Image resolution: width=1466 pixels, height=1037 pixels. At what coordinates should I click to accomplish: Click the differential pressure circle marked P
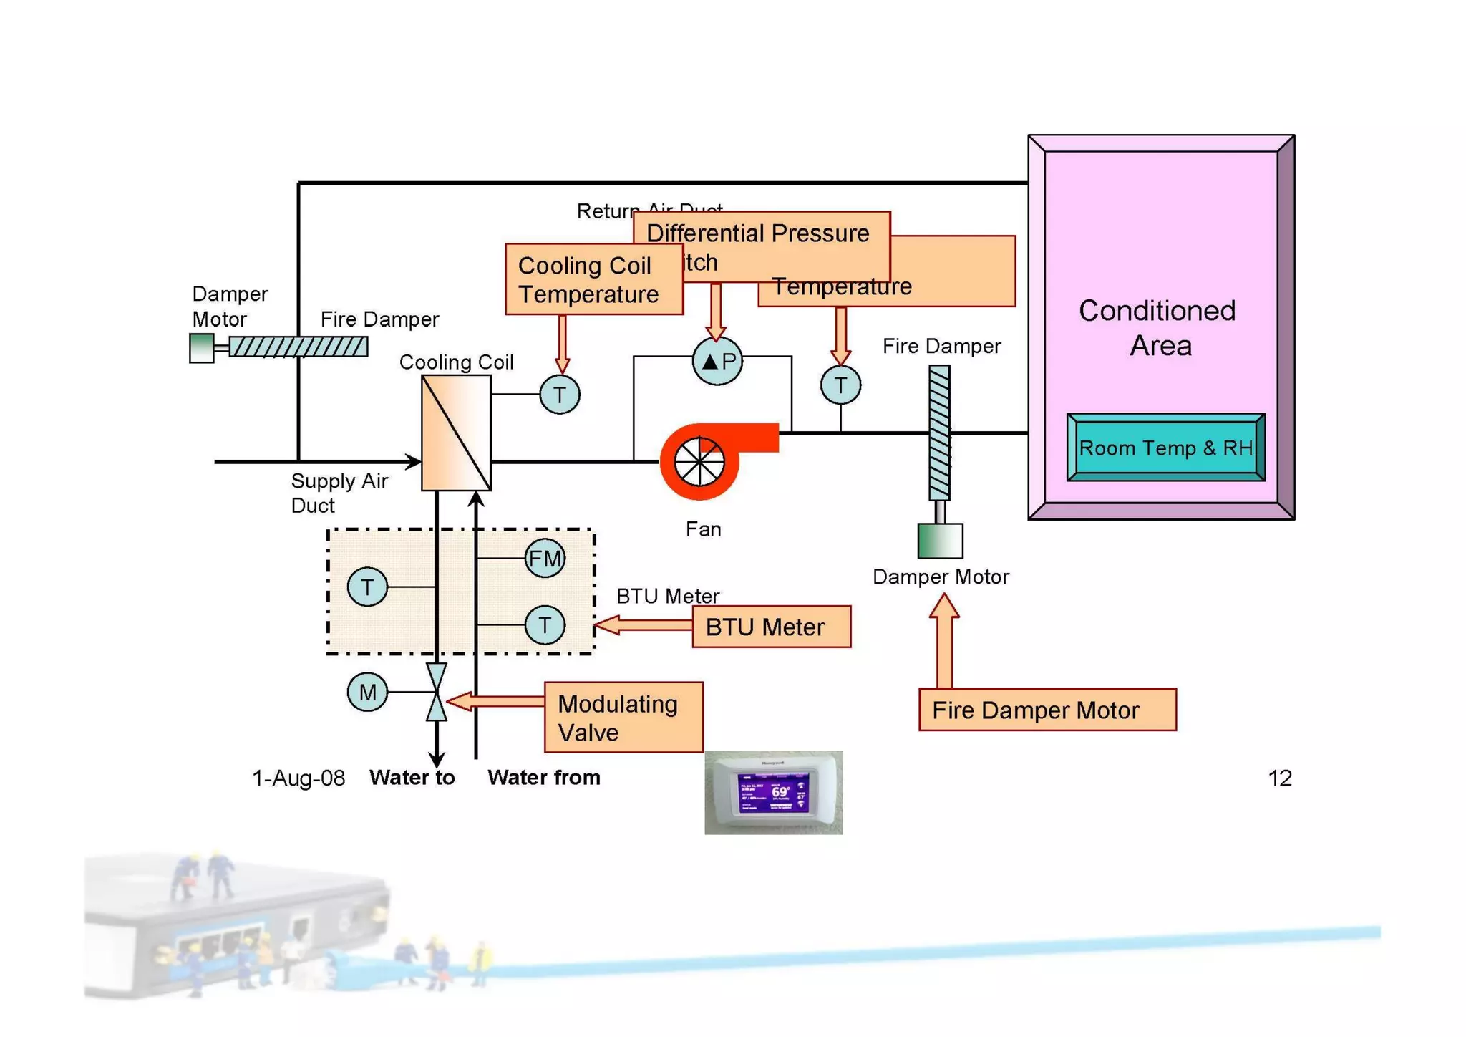coord(717,361)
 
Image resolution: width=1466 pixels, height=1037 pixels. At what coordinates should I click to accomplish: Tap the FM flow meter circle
coord(545,559)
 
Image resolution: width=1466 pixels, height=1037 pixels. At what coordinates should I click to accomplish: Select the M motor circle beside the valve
coord(367,692)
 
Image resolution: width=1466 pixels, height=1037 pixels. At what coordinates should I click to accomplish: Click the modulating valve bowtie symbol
coord(436,692)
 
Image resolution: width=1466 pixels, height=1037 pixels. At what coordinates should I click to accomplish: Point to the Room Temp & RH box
coord(1165,448)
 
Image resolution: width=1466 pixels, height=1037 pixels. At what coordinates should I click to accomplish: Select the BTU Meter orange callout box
coord(771,627)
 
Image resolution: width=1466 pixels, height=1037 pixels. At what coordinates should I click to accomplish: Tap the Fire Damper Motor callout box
coord(1047,710)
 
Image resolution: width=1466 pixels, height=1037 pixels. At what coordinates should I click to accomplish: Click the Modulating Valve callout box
coord(623,718)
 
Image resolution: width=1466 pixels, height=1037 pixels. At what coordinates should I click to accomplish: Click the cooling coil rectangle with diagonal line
coord(456,433)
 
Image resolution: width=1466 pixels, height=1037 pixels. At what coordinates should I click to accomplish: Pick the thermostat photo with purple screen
coord(773,792)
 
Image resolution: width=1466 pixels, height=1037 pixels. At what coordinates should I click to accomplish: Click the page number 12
coord(1279,778)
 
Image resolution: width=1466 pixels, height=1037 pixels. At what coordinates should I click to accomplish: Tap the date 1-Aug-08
coord(298,778)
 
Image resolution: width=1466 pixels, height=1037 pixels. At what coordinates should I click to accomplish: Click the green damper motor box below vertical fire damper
coord(940,541)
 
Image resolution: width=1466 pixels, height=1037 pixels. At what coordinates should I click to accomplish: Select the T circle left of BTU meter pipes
coord(367,587)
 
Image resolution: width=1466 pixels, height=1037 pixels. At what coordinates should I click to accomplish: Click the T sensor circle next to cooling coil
coord(559,395)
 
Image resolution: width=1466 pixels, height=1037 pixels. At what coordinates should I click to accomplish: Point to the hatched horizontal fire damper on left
coord(298,347)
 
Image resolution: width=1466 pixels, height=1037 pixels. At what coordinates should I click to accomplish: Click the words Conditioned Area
coord(1157,328)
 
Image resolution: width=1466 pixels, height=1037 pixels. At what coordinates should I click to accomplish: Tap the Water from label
coord(544,778)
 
